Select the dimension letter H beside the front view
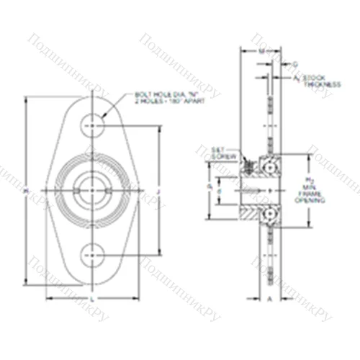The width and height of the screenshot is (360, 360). [x=27, y=190]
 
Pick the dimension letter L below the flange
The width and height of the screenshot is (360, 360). [x=92, y=297]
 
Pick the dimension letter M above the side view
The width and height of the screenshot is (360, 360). [x=260, y=52]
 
